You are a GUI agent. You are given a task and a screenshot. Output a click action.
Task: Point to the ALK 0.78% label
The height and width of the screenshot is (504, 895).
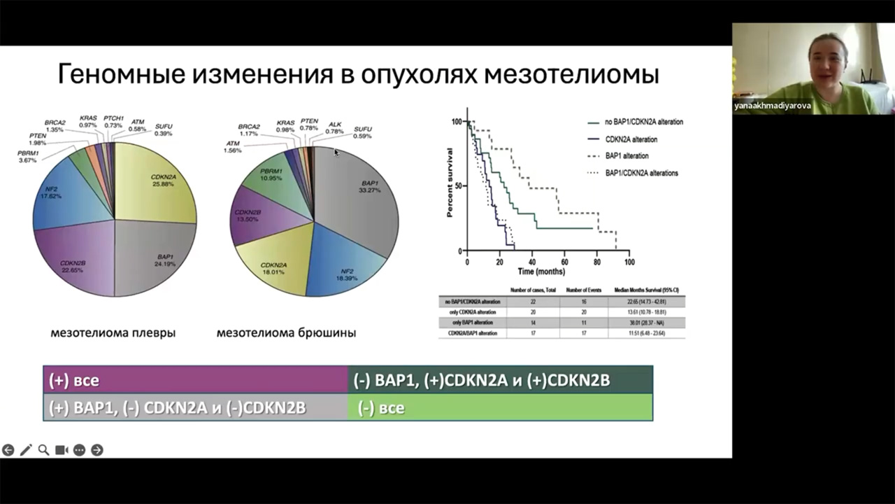pyautogui.click(x=335, y=128)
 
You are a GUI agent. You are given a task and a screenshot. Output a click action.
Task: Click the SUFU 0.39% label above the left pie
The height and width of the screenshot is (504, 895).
pyautogui.click(x=164, y=129)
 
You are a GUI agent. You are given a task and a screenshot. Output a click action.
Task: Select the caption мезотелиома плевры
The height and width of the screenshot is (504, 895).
pyautogui.click(x=113, y=332)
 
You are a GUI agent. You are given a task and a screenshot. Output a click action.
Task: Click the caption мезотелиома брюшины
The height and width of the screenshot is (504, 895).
pyautogui.click(x=286, y=332)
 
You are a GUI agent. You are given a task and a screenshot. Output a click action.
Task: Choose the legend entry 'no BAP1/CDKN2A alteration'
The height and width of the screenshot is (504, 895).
pyautogui.click(x=643, y=122)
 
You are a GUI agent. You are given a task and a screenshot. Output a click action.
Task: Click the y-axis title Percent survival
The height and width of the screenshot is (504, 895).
pyautogui.click(x=451, y=183)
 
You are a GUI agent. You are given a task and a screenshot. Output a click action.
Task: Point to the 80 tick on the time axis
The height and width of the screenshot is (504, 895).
pyautogui.click(x=596, y=262)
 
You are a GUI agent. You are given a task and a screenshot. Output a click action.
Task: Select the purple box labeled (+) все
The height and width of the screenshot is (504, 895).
pyautogui.click(x=196, y=380)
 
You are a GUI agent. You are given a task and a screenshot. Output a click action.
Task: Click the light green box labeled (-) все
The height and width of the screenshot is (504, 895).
pyautogui.click(x=500, y=407)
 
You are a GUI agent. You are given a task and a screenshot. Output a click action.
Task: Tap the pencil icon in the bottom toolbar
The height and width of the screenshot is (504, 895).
pyautogui.click(x=26, y=450)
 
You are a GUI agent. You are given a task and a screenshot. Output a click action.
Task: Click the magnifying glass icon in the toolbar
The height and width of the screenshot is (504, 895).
pyautogui.click(x=43, y=450)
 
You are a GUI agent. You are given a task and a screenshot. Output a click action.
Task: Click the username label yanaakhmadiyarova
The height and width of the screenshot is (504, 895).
pyautogui.click(x=772, y=106)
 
